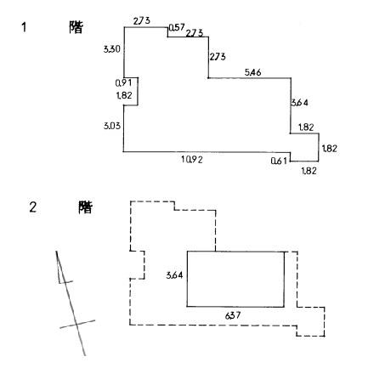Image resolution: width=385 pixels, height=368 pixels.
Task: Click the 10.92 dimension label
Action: [x=192, y=160]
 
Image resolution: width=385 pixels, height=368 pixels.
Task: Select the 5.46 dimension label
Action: [x=252, y=72]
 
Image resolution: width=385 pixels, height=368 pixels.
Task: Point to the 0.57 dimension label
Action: [x=177, y=27]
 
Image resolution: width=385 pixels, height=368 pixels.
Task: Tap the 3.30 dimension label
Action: [x=112, y=49]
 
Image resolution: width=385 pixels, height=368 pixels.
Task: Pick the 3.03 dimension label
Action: [x=112, y=126]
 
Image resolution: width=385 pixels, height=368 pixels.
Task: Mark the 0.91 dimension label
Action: [x=123, y=83]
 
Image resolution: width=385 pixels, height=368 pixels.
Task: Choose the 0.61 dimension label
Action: [x=279, y=161]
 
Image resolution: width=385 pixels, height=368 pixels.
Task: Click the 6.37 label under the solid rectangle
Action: [x=233, y=315]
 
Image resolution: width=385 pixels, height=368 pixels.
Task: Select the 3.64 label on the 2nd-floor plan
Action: [x=174, y=275]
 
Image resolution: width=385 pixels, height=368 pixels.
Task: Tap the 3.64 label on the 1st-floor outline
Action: [x=300, y=102]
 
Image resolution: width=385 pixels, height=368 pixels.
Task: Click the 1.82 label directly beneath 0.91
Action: [x=124, y=95]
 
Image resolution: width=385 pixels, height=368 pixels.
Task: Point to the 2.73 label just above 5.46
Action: [x=218, y=57]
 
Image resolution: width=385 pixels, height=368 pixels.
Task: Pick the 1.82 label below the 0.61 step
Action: [x=309, y=171]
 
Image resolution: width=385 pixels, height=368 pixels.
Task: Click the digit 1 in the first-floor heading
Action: [x=24, y=27]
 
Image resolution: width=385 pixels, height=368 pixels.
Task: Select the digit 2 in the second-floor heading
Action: [x=33, y=207]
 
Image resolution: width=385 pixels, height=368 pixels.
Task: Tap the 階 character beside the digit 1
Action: [x=76, y=27]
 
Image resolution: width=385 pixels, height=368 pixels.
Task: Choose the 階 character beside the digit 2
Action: [x=85, y=207]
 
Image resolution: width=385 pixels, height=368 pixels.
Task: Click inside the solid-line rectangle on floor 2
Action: [x=235, y=279]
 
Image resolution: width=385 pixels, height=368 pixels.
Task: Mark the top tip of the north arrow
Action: [x=56, y=251]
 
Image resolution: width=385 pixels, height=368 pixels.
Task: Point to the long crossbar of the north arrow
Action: [x=77, y=324]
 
